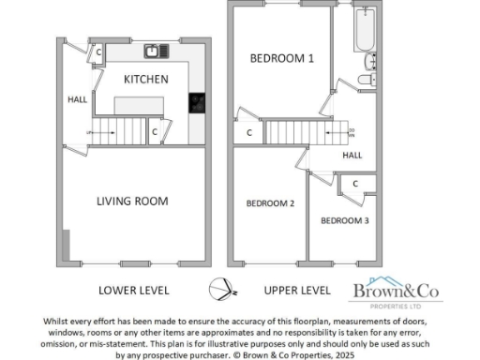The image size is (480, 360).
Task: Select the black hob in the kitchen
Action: tap(199, 103)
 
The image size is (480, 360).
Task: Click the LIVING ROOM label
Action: tap(133, 201)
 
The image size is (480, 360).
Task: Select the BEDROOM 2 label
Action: tap(270, 202)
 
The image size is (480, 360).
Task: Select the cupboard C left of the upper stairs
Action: tap(248, 133)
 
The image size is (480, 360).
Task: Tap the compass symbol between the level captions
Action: tap(218, 290)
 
